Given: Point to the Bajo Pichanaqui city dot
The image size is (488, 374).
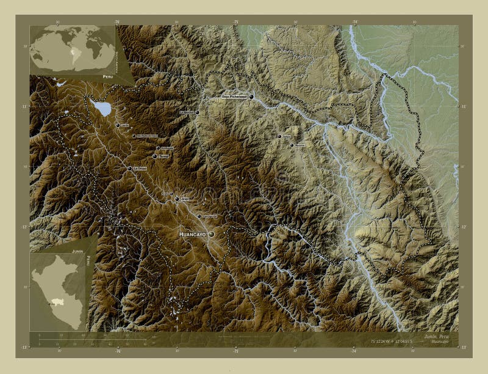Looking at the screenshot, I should tap(251, 97).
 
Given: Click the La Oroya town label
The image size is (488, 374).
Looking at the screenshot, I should tap(140, 168).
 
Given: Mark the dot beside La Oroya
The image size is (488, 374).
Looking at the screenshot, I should tap(129, 168).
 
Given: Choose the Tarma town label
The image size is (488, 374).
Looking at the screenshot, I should tap(163, 156).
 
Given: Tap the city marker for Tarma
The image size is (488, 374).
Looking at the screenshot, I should tap(154, 156).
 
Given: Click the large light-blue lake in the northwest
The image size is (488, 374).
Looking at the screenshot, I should tap(102, 109).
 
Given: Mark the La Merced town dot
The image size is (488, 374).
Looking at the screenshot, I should tap(196, 112).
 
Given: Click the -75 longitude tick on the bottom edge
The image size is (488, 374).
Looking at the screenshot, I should tap(235, 351).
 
